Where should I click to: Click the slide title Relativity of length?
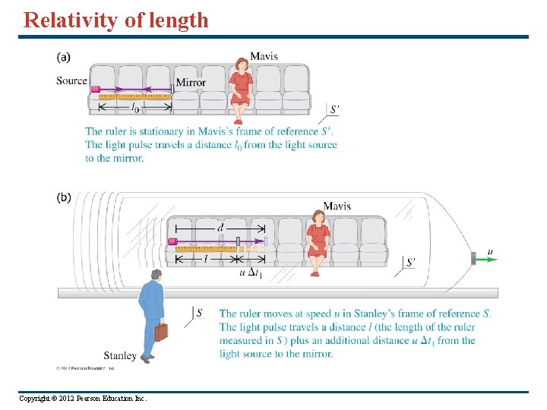[x=116, y=20]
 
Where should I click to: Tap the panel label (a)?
[x=65, y=57]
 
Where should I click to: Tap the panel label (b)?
[x=65, y=198]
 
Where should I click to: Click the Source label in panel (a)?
[x=71, y=81]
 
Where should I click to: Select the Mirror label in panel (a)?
[x=191, y=83]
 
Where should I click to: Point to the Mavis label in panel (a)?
[x=264, y=56]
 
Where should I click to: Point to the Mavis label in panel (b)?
[x=337, y=206]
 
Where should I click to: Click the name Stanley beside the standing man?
[x=120, y=355]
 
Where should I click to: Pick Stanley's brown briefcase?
[x=160, y=332]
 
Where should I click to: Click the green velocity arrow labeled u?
[x=486, y=259]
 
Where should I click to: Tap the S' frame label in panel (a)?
[x=334, y=110]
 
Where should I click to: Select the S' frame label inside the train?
[x=410, y=263]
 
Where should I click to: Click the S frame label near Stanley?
[x=199, y=312]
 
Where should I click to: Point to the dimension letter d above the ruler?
[x=220, y=226]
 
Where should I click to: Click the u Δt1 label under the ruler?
[x=251, y=273]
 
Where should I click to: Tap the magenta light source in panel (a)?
[x=96, y=90]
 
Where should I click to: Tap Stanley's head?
[x=156, y=275]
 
